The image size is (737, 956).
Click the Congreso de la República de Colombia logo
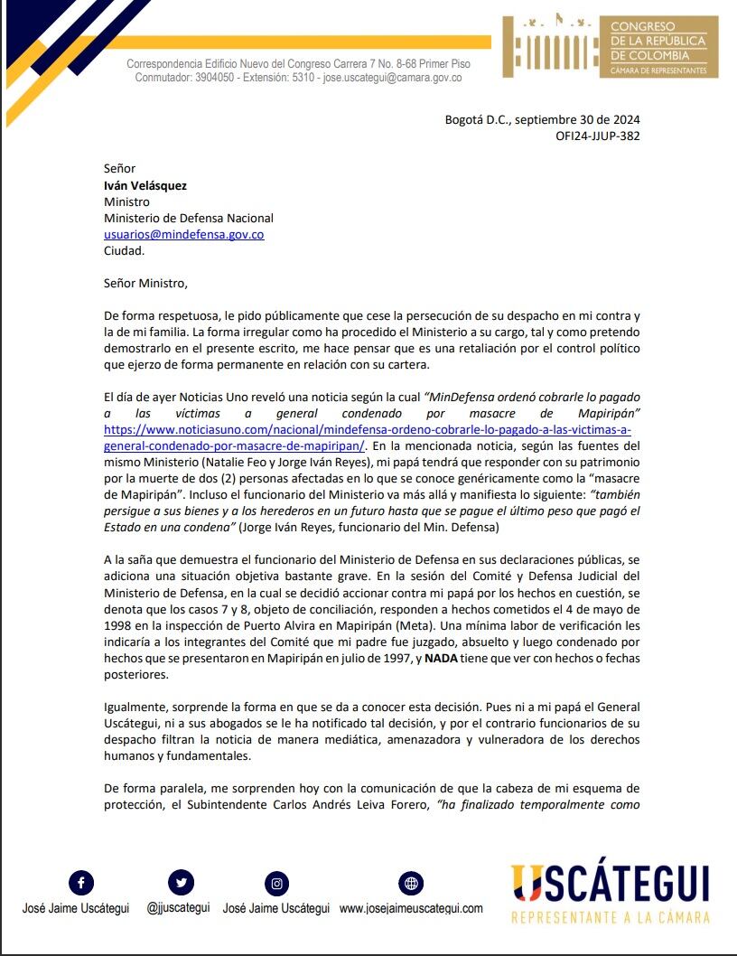click(611, 45)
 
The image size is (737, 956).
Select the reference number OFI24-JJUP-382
click(598, 136)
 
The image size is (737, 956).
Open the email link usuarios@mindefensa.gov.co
click(183, 234)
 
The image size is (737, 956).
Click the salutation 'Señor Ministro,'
click(145, 283)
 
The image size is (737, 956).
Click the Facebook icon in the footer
click(81, 883)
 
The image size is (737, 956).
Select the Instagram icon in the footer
click(276, 883)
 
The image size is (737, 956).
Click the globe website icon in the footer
click(411, 883)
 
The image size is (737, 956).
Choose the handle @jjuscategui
click(178, 908)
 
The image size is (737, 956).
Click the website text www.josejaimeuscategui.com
click(411, 908)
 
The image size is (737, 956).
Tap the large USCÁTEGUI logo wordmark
click(610, 884)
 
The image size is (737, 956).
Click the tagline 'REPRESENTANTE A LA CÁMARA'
click(610, 917)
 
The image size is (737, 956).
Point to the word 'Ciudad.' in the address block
click(124, 250)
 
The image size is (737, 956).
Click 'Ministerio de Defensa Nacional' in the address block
click(188, 218)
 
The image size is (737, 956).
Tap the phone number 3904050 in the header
click(220, 78)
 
